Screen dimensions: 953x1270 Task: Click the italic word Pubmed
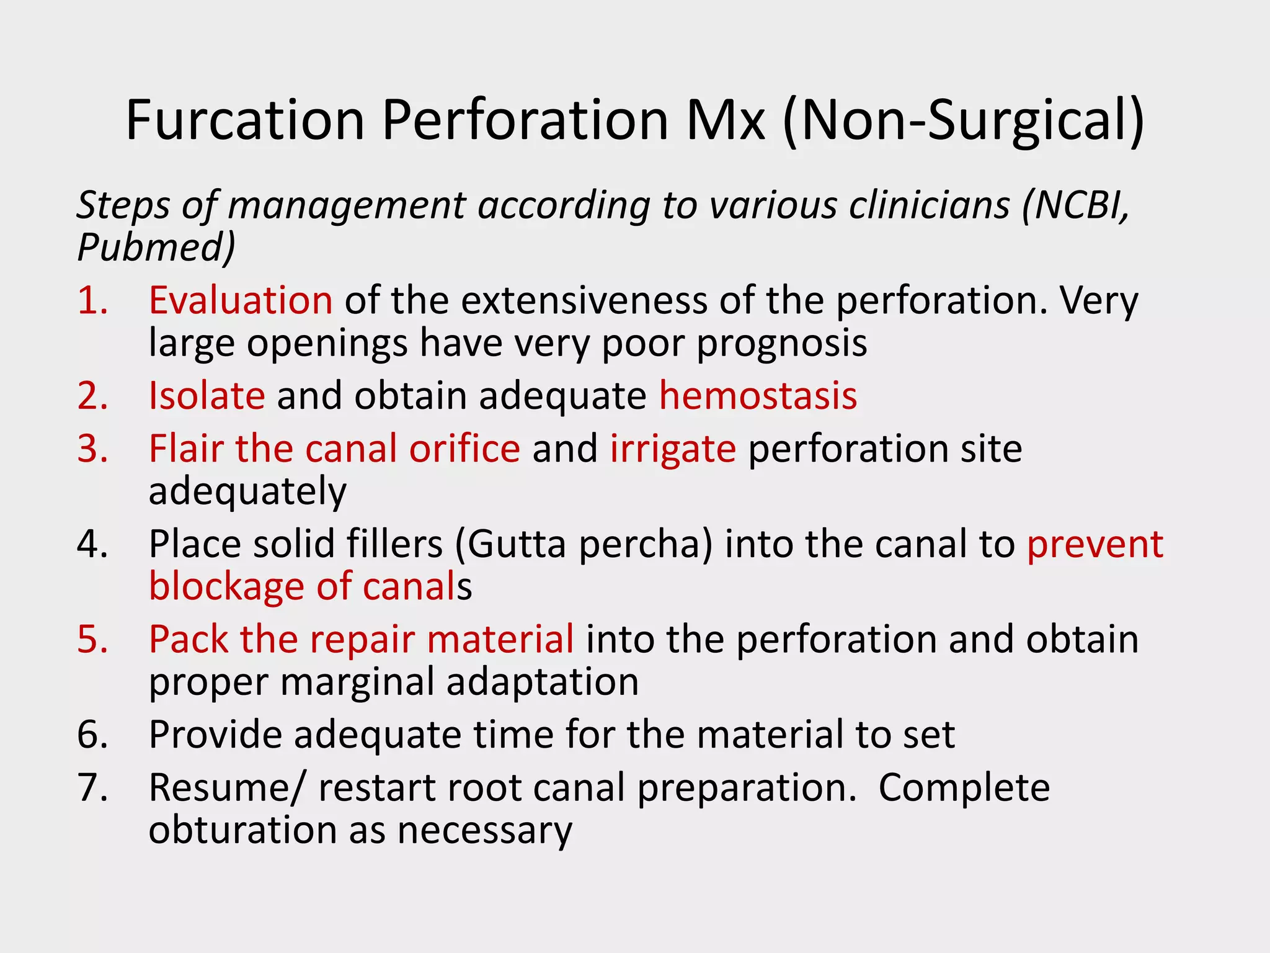pos(156,247)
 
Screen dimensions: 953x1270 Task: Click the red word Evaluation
pos(241,300)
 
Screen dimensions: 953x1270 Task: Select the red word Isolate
pos(207,396)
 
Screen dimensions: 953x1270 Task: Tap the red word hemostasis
pos(758,396)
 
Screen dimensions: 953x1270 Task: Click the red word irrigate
pos(673,449)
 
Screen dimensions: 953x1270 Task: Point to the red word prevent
pos(1095,544)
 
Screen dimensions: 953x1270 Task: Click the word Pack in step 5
pos(189,639)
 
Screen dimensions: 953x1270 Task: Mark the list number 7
pos(92,788)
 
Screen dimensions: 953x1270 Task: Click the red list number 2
pos(92,396)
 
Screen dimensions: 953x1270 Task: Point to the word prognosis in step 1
pos(781,343)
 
